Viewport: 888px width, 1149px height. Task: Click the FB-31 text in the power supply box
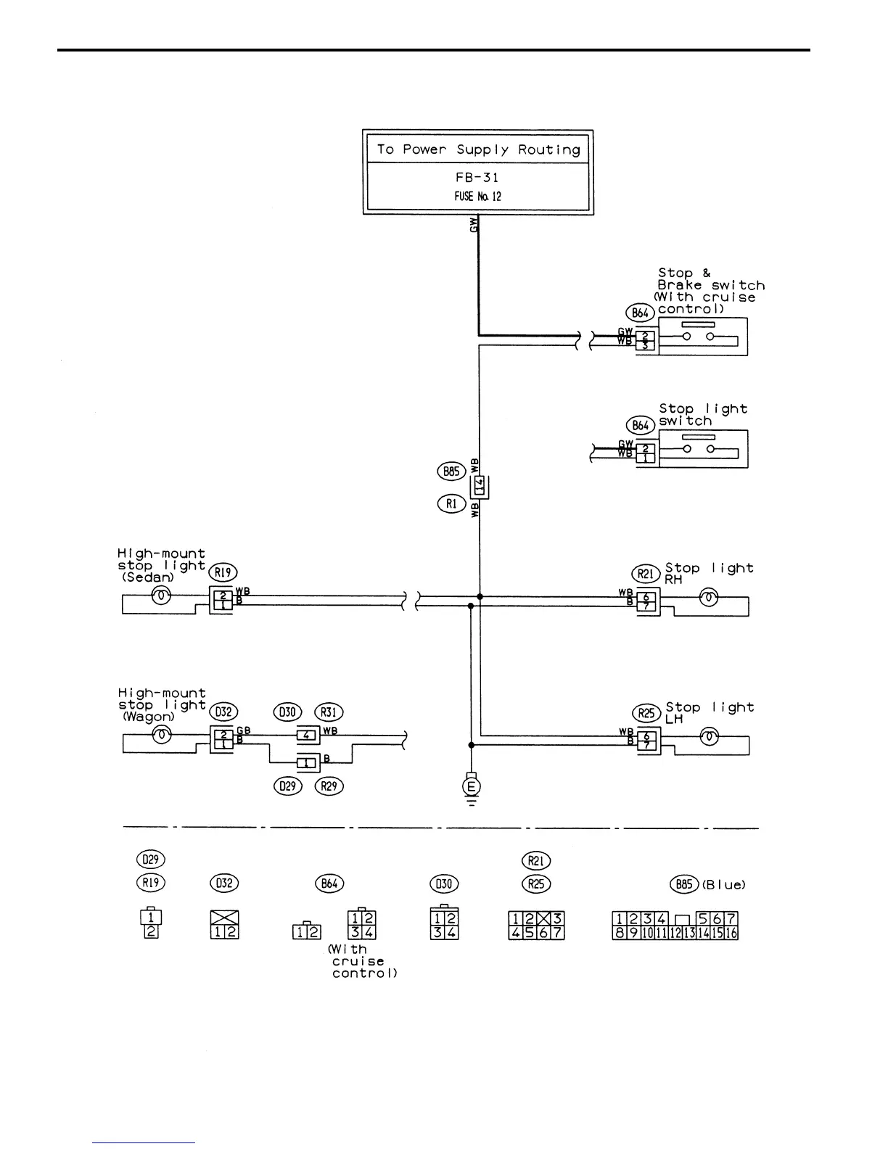point(477,177)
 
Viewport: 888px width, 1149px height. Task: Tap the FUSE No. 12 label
point(477,197)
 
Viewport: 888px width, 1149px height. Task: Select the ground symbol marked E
point(472,786)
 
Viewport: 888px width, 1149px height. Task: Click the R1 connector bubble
point(452,503)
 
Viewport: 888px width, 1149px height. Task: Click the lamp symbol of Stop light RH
point(708,598)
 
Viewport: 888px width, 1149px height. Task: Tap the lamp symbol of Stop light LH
point(709,737)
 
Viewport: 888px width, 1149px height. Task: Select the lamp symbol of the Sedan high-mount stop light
point(162,596)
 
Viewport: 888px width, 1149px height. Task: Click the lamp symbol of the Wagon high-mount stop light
point(162,736)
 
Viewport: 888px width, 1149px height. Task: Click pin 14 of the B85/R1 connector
point(479,485)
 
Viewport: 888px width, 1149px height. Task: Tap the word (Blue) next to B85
point(723,884)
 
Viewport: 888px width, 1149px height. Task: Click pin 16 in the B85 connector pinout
point(731,933)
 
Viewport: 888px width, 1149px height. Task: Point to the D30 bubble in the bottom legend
point(444,884)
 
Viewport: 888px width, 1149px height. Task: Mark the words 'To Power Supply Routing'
point(477,149)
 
